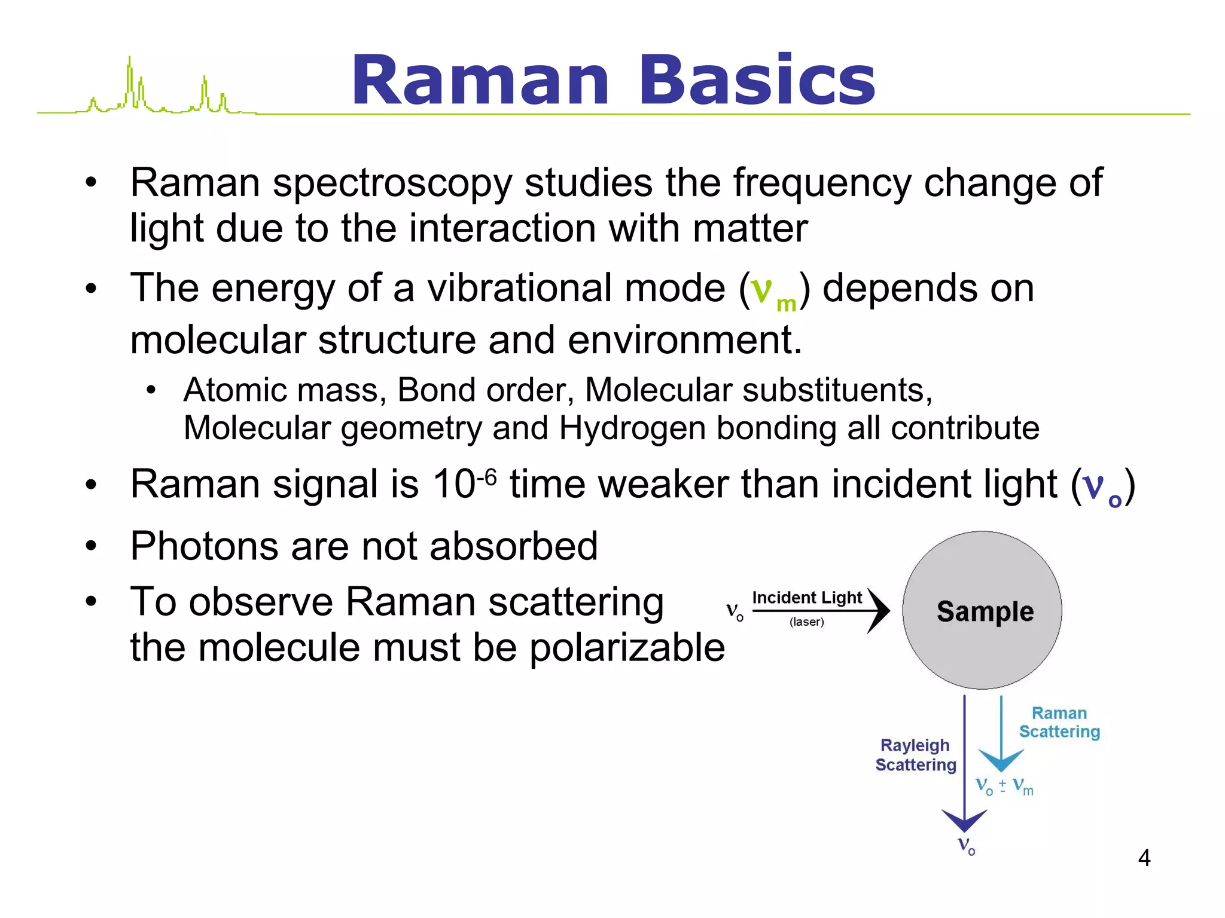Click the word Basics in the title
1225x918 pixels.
(x=757, y=81)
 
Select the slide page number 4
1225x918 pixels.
(x=1144, y=858)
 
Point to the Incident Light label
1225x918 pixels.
(x=806, y=598)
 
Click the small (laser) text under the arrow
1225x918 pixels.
(x=806, y=622)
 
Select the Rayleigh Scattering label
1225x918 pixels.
(x=915, y=755)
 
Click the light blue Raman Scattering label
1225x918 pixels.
(x=1059, y=723)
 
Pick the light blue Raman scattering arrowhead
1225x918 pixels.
(x=1001, y=760)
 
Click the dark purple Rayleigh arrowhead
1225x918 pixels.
(x=964, y=821)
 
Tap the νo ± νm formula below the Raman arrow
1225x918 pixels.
(x=1004, y=786)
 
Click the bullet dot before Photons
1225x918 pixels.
(x=91, y=546)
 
